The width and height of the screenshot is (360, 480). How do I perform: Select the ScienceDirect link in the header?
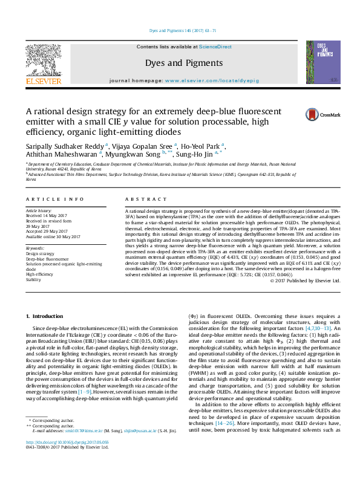click(x=215, y=47)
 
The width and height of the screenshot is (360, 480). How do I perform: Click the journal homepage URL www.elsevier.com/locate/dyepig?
click(x=209, y=80)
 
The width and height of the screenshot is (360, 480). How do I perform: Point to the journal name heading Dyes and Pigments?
click(x=184, y=63)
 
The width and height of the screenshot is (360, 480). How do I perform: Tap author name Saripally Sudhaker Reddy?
click(x=64, y=145)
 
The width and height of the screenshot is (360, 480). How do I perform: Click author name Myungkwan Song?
click(x=137, y=154)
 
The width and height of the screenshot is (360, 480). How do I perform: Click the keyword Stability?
click(x=34, y=281)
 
